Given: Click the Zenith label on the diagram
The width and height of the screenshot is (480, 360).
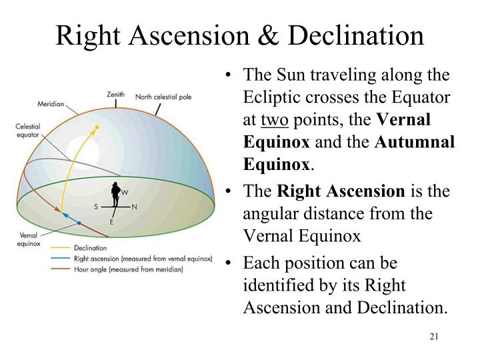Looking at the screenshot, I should click(115, 95).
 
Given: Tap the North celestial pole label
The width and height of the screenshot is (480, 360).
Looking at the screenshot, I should click(163, 97).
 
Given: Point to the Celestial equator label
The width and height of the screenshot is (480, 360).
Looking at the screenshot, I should click(28, 131).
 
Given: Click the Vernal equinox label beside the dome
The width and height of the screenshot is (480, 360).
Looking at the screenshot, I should click(27, 240).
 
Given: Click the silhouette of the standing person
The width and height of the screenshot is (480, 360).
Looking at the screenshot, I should click(116, 197).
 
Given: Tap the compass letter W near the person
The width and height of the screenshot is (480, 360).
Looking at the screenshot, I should click(125, 191).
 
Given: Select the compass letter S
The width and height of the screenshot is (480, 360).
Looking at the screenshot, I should click(96, 207).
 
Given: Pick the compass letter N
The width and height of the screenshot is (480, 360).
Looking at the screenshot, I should click(135, 207).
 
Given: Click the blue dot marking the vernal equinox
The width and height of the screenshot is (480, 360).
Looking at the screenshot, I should click(79, 223).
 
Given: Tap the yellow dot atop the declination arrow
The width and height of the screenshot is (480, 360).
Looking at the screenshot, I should click(97, 128).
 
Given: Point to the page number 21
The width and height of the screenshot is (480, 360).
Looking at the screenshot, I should click(434, 336).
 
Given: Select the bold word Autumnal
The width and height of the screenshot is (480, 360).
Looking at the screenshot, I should click(417, 142).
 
